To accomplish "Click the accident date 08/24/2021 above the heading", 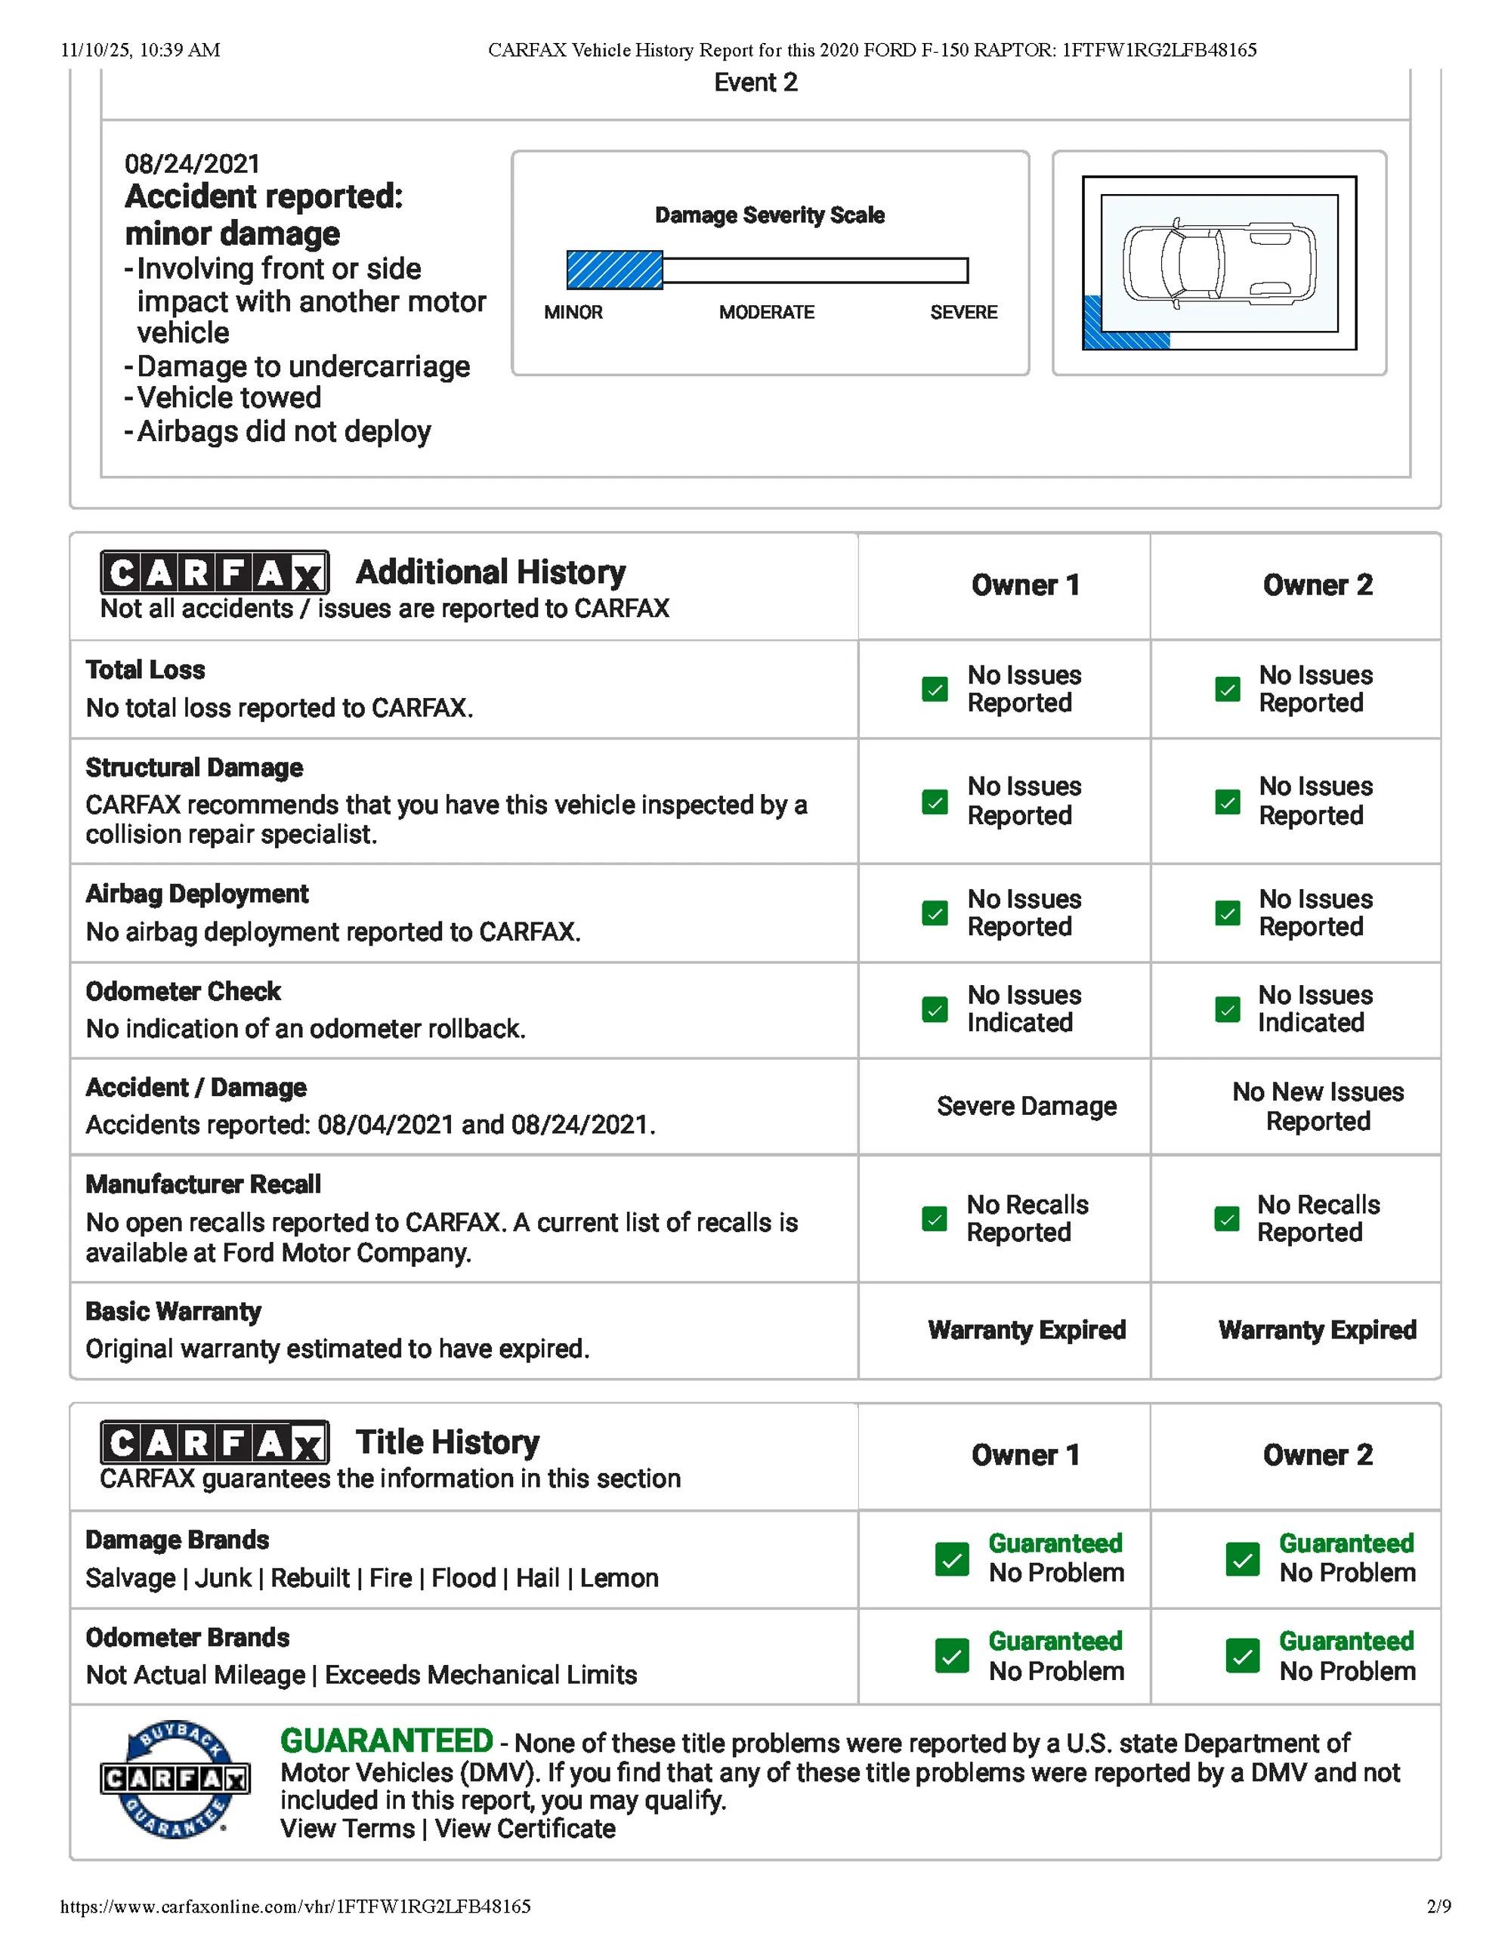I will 193,164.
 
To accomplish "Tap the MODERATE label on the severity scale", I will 766,313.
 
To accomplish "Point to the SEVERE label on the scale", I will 963,313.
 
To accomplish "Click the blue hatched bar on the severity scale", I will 614,270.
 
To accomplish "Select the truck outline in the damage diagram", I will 1219,262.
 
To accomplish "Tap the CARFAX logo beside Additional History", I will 215,572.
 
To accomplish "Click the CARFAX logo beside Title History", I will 215,1442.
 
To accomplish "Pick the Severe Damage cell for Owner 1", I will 1026,1107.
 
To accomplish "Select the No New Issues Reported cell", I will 1318,1107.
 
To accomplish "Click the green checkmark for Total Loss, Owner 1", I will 935,689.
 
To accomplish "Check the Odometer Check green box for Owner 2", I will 1227,1010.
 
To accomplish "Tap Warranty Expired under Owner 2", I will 1317,1330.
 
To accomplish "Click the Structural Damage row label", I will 194,768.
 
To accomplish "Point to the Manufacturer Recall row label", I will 203,1184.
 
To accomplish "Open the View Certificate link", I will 525,1829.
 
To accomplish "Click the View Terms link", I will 348,1829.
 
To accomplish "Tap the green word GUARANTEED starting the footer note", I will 386,1741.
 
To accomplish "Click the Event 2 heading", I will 755,83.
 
